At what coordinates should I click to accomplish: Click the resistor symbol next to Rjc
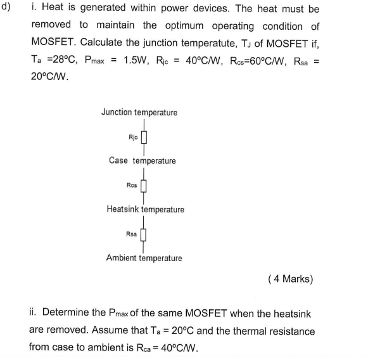click(x=144, y=137)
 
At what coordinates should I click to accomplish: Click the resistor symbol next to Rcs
click(x=144, y=186)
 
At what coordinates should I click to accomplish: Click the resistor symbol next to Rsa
click(x=144, y=235)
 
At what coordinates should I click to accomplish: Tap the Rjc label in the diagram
click(x=132, y=137)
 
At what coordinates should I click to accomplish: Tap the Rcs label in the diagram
click(x=132, y=186)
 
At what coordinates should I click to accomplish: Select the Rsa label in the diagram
click(x=132, y=235)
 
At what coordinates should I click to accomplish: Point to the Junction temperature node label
click(x=139, y=112)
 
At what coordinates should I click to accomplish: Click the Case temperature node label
click(x=143, y=161)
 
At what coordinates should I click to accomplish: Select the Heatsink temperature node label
click(x=146, y=209)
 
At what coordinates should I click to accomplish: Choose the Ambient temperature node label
click(x=144, y=258)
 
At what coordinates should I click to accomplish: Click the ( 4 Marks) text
click(x=291, y=278)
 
